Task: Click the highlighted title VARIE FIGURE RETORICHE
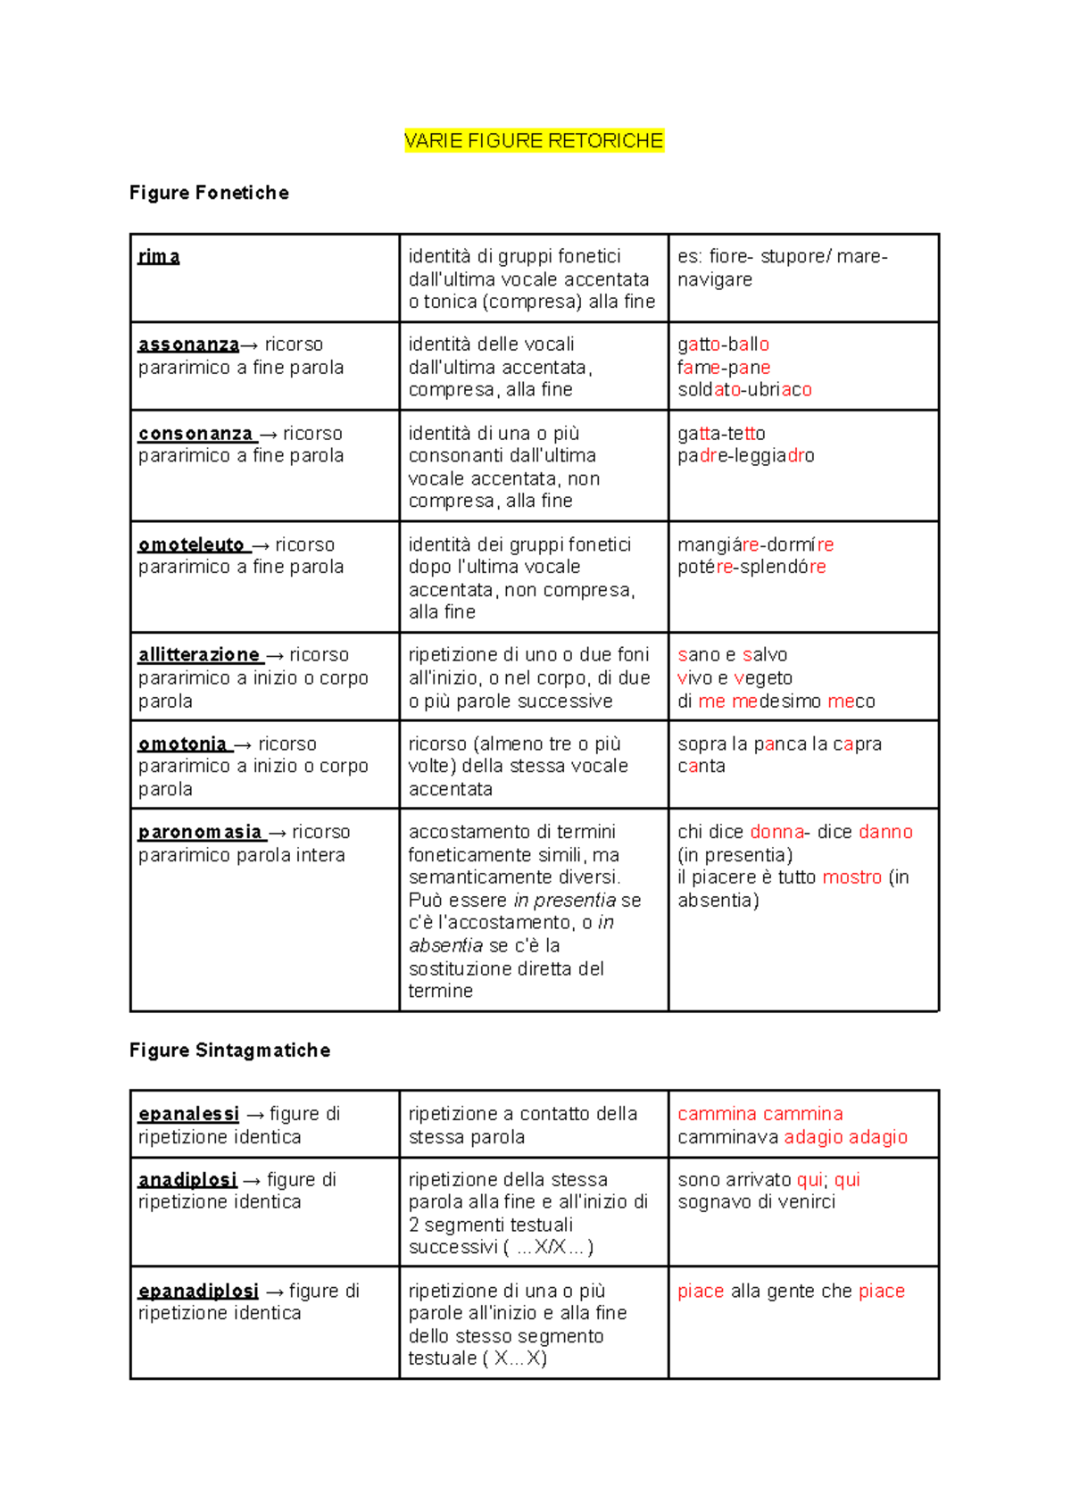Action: coord(534,141)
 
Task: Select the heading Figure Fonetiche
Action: coord(209,193)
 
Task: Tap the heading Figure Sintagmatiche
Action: coord(229,1051)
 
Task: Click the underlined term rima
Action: coord(159,257)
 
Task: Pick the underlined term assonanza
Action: coord(188,345)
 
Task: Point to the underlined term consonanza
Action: coord(195,434)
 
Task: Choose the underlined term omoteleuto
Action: coord(191,544)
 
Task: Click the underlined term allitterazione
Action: coord(199,655)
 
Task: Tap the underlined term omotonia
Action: coord(182,744)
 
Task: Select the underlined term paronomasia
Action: coord(200,832)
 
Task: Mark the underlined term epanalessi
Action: coord(188,1114)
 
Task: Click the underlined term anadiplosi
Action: coord(187,1180)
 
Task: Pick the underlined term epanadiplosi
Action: coord(198,1291)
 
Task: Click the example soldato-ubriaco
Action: coord(744,390)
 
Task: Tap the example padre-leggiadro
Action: coord(745,456)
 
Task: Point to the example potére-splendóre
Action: coord(751,567)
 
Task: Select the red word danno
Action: coord(885,832)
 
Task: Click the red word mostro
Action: coord(851,877)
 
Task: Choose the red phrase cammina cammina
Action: coord(760,1114)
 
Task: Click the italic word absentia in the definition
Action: coord(445,945)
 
